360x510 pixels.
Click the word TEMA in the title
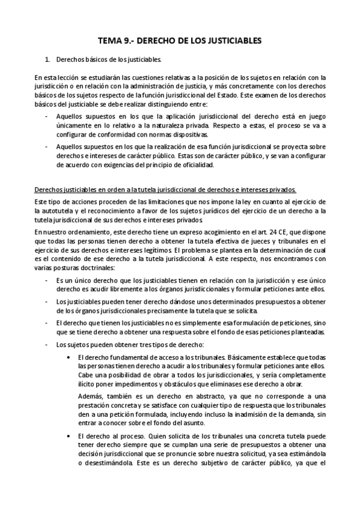coord(110,41)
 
